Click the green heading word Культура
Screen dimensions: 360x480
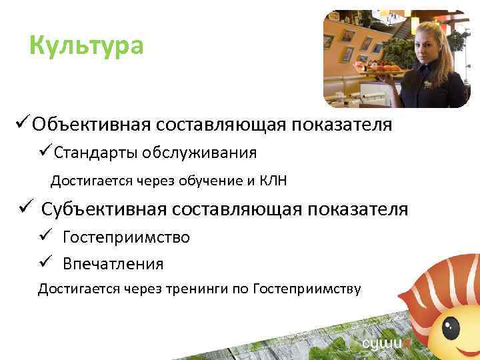coord(87,46)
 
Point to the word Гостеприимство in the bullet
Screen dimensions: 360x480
coord(126,237)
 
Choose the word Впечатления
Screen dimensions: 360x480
coord(113,264)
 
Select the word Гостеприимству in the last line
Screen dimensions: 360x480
coord(307,289)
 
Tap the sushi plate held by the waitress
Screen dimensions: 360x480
coord(379,66)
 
